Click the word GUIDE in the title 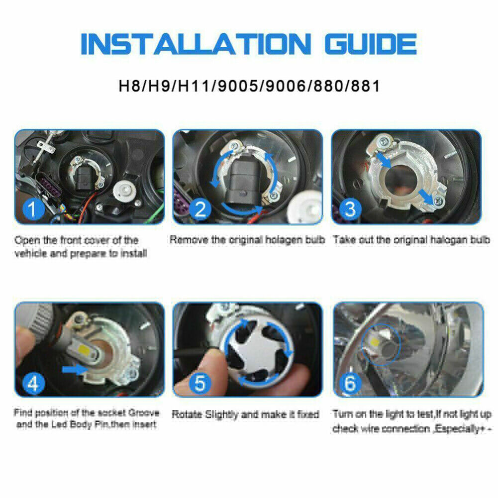[x=370, y=44]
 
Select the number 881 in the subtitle [x=366, y=86]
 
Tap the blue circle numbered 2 [x=200, y=209]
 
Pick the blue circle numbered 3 [x=350, y=209]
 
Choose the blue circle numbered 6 [x=350, y=383]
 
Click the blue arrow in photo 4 [x=75, y=369]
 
